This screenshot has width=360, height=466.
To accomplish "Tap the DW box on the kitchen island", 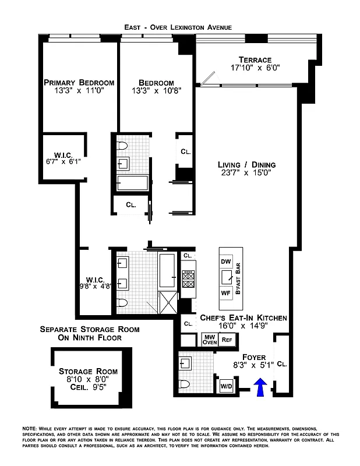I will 226,262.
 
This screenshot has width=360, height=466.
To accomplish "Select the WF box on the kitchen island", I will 226,293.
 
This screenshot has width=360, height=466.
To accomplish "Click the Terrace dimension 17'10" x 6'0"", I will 255,68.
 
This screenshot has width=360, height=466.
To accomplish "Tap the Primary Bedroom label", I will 79,83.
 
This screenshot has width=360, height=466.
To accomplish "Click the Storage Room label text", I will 88,371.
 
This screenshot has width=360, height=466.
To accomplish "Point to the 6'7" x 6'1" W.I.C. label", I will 63,158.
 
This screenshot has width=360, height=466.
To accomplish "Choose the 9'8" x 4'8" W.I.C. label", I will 95,283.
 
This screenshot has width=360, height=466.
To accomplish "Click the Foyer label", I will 253,357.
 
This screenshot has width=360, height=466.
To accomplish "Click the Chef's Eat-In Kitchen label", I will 243,318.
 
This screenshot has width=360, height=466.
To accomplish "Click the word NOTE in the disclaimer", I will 29,428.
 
